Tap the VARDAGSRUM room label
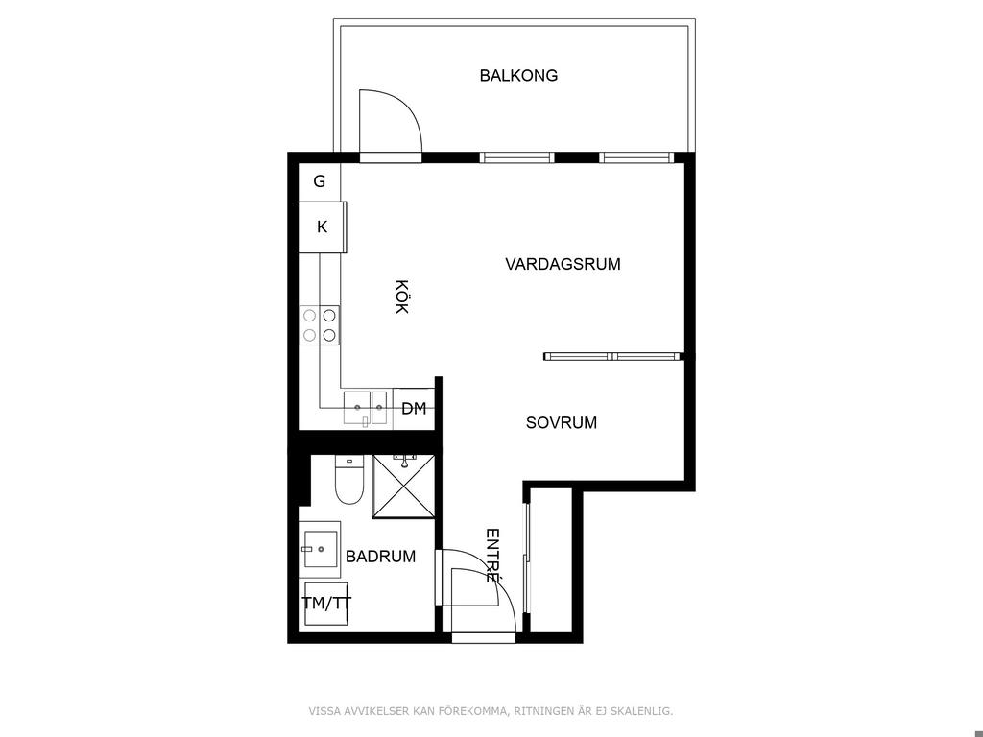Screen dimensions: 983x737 tap(563, 264)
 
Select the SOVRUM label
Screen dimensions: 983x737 tap(561, 422)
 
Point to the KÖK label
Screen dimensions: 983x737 tap(402, 297)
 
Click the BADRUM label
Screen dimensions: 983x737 tap(380, 556)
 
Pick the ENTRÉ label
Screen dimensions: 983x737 tap(493, 556)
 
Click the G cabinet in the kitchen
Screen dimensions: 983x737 tap(319, 181)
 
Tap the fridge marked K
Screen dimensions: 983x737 tap(323, 226)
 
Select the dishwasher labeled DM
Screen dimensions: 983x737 tap(414, 409)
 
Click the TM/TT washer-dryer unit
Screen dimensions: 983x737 tap(326, 604)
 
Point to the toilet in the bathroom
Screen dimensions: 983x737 tap(349, 480)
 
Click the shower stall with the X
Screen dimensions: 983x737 tap(404, 487)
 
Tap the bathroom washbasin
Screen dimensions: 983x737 tap(320, 550)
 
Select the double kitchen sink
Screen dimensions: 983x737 tap(367, 409)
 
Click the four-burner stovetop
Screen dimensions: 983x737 tap(320, 325)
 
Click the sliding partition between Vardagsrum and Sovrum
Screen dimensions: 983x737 tap(611, 357)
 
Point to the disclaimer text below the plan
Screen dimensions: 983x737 tap(491, 711)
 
